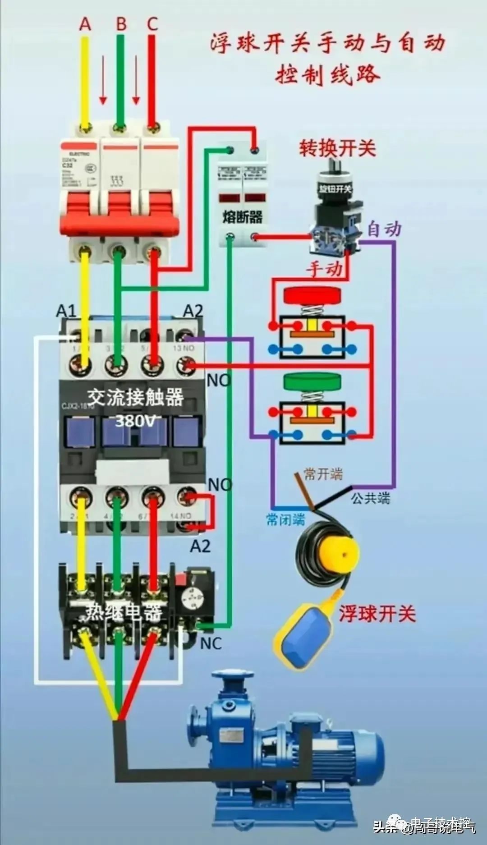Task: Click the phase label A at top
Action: [85, 23]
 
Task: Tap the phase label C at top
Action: [152, 23]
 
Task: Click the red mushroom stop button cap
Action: [312, 295]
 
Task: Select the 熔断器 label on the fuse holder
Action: [242, 217]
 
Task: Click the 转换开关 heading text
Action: [337, 148]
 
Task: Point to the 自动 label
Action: [384, 229]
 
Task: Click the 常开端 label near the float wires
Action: [323, 474]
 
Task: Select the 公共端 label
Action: [370, 498]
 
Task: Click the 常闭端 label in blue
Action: [285, 519]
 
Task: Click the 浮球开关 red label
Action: [377, 614]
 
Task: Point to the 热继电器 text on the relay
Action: [124, 612]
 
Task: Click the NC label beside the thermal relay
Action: [211, 643]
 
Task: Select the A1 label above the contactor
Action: [66, 311]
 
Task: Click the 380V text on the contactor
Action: [134, 421]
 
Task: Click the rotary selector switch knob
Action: [335, 180]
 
